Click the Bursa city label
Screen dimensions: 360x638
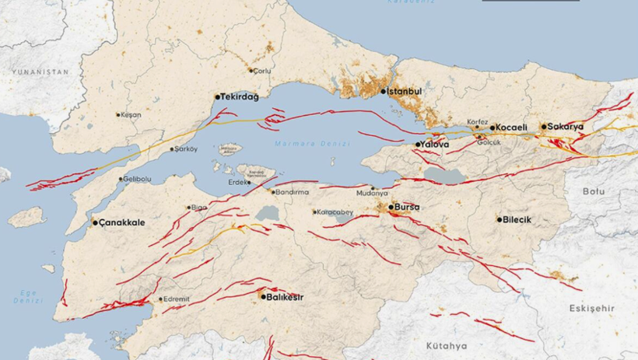click(407, 207)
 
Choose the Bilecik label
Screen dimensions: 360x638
click(517, 219)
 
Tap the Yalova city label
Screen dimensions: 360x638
click(433, 145)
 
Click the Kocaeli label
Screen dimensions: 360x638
click(511, 127)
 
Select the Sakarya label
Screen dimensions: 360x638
click(566, 126)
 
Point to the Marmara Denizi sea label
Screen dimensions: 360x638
click(313, 144)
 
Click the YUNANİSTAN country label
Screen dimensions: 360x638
click(39, 72)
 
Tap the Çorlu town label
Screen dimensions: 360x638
click(262, 70)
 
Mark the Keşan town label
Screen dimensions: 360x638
click(131, 114)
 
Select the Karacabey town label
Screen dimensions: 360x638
click(336, 211)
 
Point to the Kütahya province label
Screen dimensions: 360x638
click(447, 345)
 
